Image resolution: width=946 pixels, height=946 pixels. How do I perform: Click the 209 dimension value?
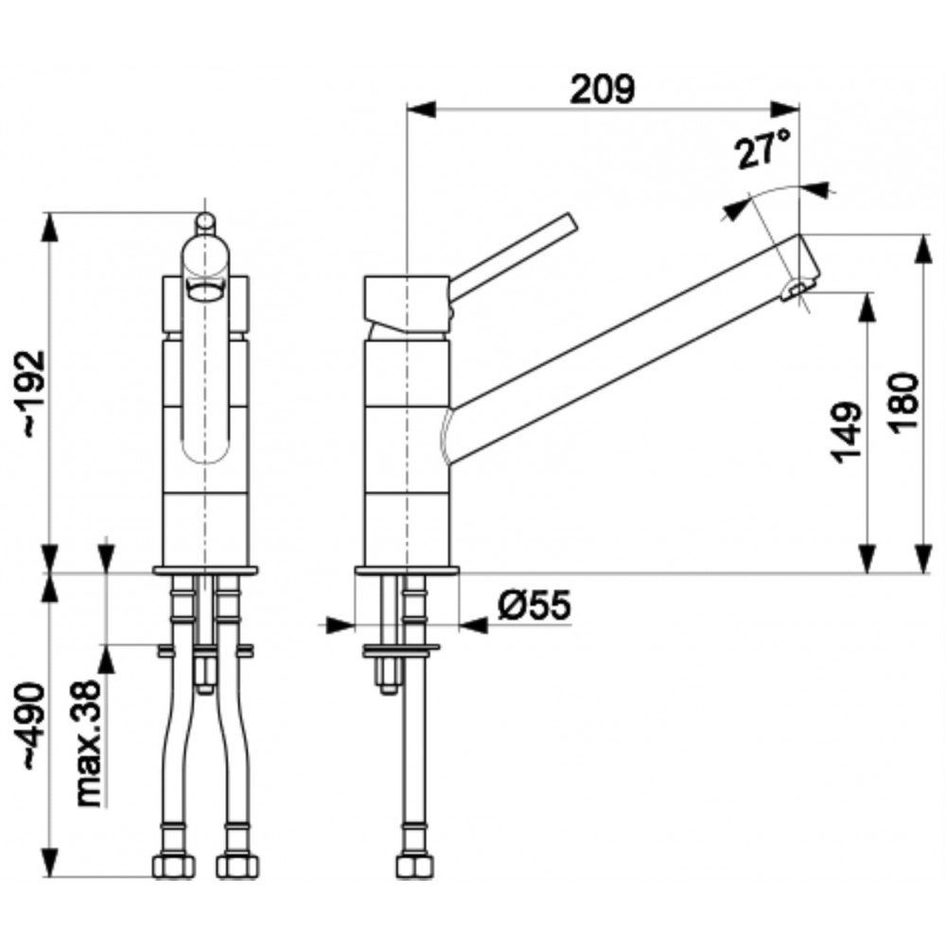[x=603, y=89]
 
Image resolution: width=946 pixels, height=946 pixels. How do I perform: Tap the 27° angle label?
[x=762, y=149]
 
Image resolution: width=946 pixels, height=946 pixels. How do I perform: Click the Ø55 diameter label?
[x=534, y=604]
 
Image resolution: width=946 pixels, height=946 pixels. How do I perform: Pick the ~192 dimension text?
[x=33, y=394]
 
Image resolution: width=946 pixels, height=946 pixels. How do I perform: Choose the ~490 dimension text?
[x=33, y=727]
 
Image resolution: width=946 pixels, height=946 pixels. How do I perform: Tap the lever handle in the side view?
[x=513, y=255]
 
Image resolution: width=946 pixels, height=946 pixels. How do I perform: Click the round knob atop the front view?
[x=205, y=220]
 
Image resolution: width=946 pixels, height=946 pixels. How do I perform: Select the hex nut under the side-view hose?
[x=415, y=867]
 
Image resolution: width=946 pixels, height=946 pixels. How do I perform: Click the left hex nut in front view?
[x=173, y=867]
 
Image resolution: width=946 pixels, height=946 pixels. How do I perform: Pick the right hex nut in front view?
[x=238, y=867]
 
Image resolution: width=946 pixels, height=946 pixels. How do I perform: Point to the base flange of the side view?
[x=407, y=570]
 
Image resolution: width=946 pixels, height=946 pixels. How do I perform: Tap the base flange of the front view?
[x=205, y=570]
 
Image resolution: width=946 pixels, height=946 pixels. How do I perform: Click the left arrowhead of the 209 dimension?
[x=421, y=109]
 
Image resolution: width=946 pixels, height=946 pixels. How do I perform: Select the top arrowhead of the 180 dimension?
[x=923, y=248]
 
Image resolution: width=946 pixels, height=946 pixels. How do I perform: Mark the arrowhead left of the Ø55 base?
[x=340, y=625]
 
